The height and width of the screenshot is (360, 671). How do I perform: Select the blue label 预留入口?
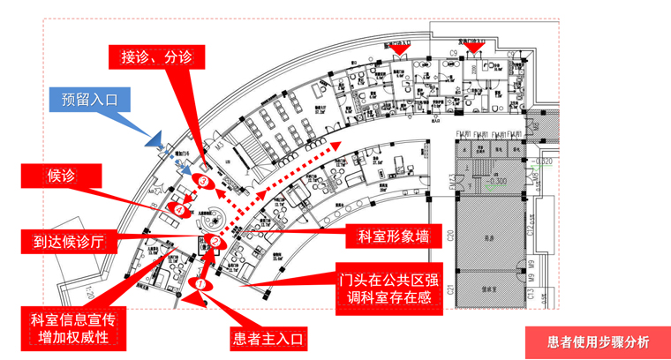pos(89,99)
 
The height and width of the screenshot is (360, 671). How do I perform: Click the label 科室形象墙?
pos(394,236)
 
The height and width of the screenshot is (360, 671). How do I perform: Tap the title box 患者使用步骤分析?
pos(598,342)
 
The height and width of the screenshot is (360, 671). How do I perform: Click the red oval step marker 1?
pos(200,284)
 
